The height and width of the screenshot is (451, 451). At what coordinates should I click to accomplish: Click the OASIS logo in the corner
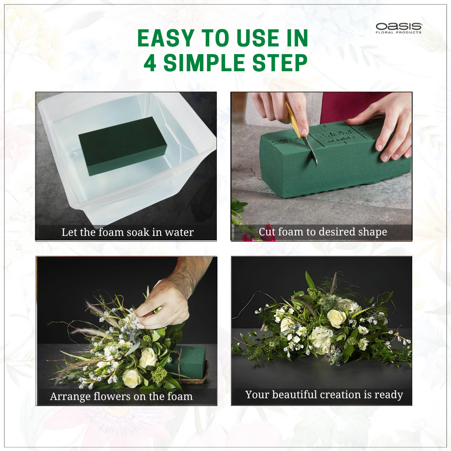tap(399, 28)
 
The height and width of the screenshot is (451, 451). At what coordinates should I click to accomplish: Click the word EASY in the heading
tap(166, 38)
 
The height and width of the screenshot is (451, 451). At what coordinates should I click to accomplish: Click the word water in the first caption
tap(179, 232)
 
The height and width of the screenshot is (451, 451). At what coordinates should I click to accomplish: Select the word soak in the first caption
tap(138, 232)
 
